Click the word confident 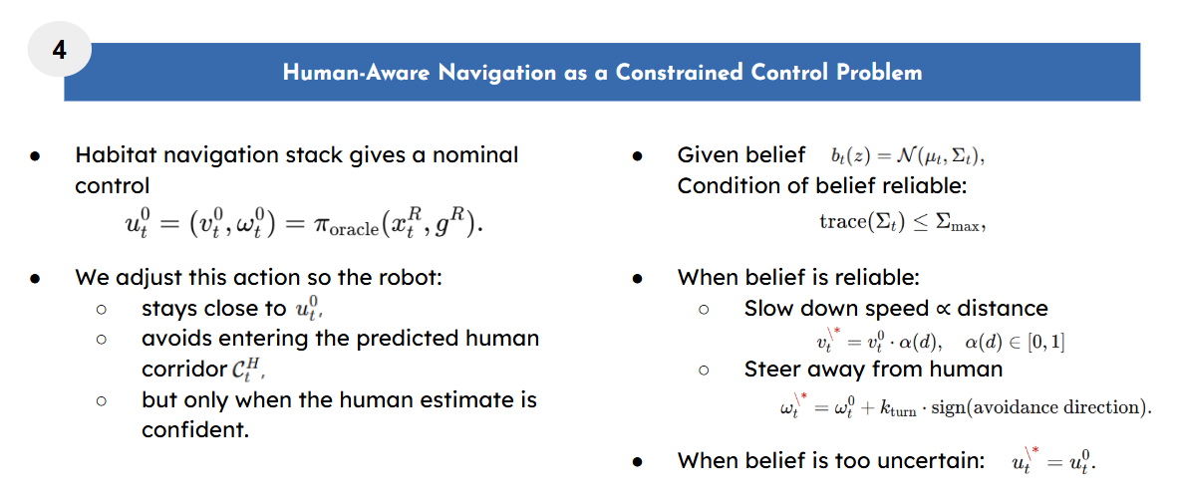click(194, 431)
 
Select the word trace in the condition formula click(836, 222)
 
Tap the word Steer click(772, 370)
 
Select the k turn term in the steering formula click(899, 409)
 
